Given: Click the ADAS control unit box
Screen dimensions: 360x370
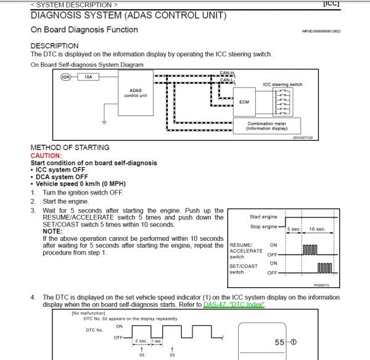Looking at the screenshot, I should pyautogui.click(x=135, y=94).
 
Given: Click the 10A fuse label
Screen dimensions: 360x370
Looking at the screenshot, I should pyautogui.click(x=88, y=77).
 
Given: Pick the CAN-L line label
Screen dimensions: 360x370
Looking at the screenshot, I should pyautogui.click(x=227, y=80).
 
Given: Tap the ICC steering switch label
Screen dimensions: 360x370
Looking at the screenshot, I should pyautogui.click(x=282, y=83).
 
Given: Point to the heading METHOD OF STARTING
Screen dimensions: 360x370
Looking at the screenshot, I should pyautogui.click(x=70, y=148).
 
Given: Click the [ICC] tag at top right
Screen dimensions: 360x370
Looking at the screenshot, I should pyautogui.click(x=356, y=4).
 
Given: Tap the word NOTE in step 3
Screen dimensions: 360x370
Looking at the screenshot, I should pyautogui.click(x=53, y=231).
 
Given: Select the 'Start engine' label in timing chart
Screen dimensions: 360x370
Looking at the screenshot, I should pyautogui.click(x=263, y=217).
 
